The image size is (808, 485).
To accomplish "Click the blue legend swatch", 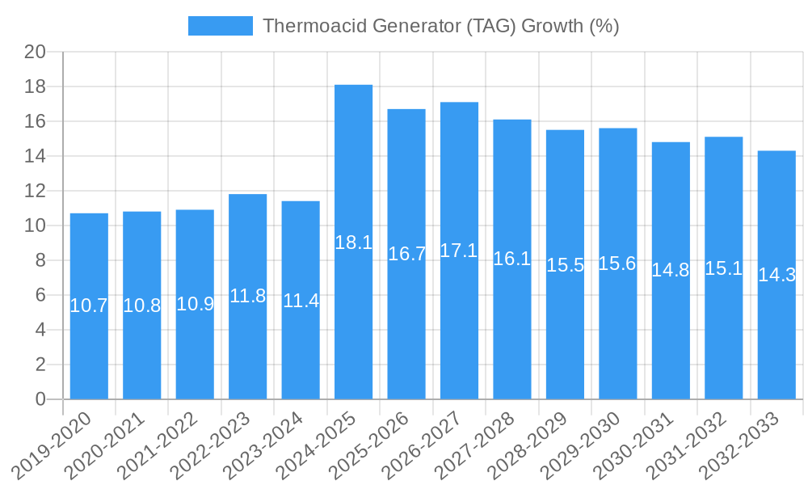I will pyautogui.click(x=220, y=26).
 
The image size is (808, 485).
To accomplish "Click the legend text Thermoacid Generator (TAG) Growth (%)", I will pyautogui.click(x=440, y=26).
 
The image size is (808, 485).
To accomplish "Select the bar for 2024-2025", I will pyautogui.click(x=353, y=242).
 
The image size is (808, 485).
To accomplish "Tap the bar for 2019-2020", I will pyautogui.click(x=89, y=306).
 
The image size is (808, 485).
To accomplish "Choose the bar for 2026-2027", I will pyautogui.click(x=459, y=251).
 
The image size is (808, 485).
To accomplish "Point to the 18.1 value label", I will pyautogui.click(x=353, y=242).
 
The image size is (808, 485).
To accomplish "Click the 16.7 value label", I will pyautogui.click(x=406, y=254).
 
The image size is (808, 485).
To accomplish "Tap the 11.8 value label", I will pyautogui.click(x=247, y=296).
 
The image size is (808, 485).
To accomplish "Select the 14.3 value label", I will pyautogui.click(x=776, y=275).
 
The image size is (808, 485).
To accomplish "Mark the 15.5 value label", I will pyautogui.click(x=565, y=264).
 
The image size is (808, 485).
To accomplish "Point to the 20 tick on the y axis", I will pyautogui.click(x=36, y=52).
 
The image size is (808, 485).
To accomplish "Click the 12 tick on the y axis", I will pyautogui.click(x=36, y=191).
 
